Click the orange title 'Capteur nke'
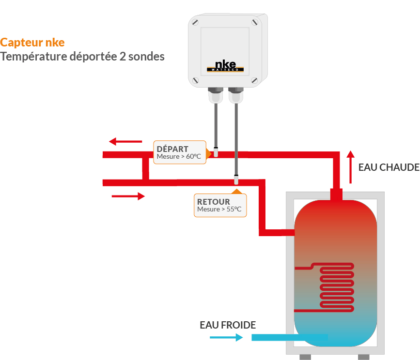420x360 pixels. pos(32,43)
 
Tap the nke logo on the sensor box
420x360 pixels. pos(225,66)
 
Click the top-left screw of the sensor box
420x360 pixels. pos(195,22)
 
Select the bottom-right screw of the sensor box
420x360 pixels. pos(254,80)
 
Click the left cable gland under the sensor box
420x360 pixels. pos(216,95)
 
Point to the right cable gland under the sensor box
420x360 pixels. pos(236,95)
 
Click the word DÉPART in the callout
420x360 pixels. pos(172,149)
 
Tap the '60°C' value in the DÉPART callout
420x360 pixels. pos(193,156)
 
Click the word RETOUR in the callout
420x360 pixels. pos(214,202)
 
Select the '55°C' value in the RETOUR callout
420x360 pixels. pos(234,209)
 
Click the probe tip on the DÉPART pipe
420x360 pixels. pos(216,152)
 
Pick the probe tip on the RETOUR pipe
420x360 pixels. pos(236,180)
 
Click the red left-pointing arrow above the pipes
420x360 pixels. pos(125,141)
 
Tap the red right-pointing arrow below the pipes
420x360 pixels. pos(128,196)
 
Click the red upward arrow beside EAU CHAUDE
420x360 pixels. pos(350,167)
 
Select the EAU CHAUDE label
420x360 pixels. pos(389,167)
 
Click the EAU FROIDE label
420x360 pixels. pos(228,325)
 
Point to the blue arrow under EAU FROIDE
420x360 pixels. pos(226,338)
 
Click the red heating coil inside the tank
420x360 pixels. pos(337,287)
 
